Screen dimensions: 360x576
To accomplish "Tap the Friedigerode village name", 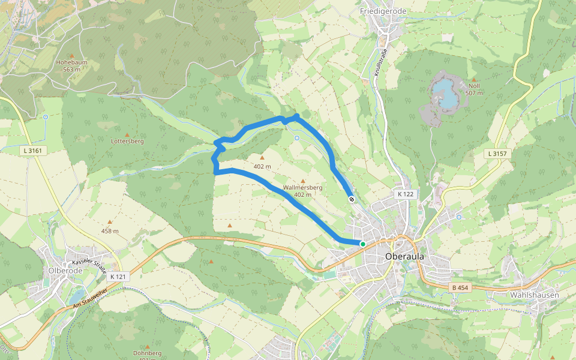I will pyautogui.click(x=383, y=11).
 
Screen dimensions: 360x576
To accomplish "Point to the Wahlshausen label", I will pyautogui.click(x=534, y=295).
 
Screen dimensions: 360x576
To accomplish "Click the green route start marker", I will pyautogui.click(x=362, y=244).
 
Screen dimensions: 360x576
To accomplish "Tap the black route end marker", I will pyautogui.click(x=352, y=199).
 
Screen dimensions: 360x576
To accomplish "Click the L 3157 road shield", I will pyautogui.click(x=497, y=154).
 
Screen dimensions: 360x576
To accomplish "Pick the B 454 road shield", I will pyautogui.click(x=460, y=288).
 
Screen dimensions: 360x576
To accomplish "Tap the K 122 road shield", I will pyautogui.click(x=406, y=194).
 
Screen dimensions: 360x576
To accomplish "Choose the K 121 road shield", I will pyautogui.click(x=119, y=277).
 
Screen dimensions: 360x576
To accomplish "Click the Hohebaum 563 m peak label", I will pyautogui.click(x=71, y=65).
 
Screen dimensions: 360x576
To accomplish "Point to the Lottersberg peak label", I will pyautogui.click(x=127, y=142).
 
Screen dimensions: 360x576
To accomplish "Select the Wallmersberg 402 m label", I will pyautogui.click(x=302, y=191).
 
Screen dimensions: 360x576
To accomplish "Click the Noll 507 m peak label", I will pyautogui.click(x=474, y=89).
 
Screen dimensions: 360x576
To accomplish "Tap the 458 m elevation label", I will pyautogui.click(x=110, y=231).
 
